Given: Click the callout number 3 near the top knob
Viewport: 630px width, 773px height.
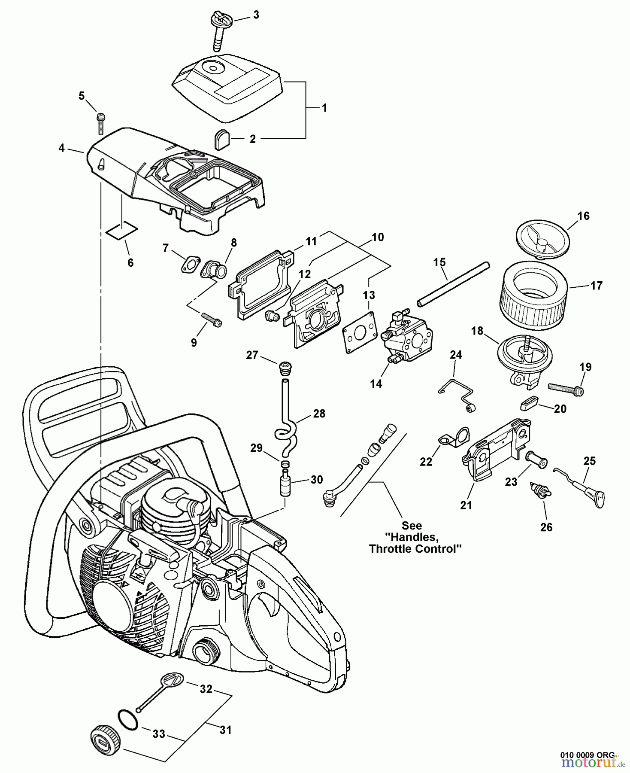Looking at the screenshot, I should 256,15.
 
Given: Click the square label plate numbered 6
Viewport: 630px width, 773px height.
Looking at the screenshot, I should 122,230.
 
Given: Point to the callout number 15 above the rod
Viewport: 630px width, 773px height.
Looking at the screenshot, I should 439,262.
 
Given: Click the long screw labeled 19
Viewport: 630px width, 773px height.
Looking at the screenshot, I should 564,388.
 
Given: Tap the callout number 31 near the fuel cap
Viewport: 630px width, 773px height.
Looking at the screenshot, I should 226,730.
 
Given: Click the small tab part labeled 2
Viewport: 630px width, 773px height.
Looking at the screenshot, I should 222,140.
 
